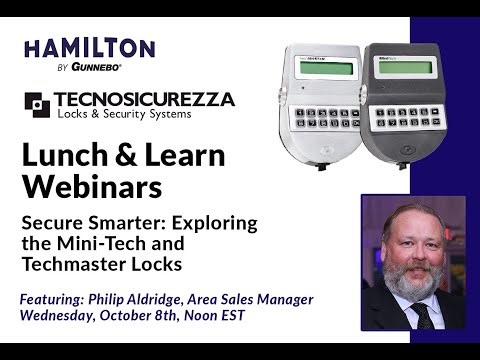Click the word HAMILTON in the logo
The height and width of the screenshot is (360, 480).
pyautogui.click(x=89, y=49)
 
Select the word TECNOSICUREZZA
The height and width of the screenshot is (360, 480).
pyautogui.click(x=143, y=99)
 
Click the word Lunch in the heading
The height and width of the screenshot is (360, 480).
pyautogui.click(x=66, y=155)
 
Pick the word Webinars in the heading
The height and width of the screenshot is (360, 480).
pyautogui.click(x=85, y=187)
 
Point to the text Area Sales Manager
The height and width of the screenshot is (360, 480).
pyautogui.click(x=254, y=300)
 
